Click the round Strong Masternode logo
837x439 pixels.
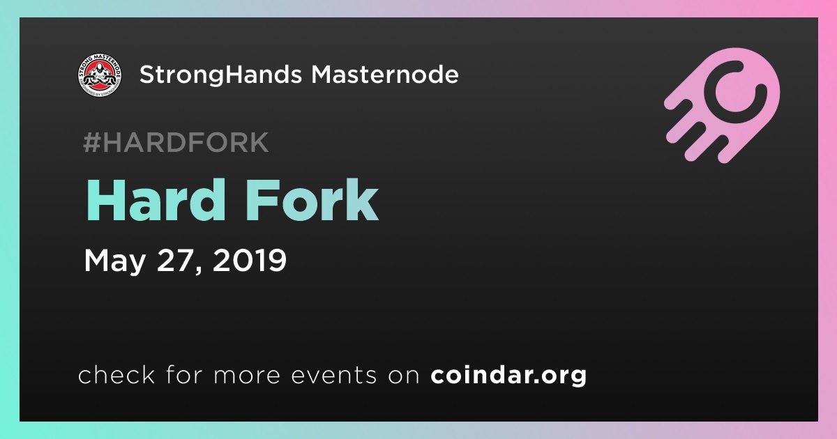pos(100,75)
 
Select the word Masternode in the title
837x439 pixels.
pos(385,75)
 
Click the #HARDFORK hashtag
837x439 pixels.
pos(176,142)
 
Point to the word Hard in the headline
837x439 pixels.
pos(156,200)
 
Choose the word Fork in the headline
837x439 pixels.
pos(312,200)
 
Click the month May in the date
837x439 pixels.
pos(114,261)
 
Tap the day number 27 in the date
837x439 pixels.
pos(176,260)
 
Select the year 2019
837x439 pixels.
pos(250,260)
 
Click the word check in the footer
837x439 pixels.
pos(116,374)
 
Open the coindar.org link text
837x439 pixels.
pos(508,375)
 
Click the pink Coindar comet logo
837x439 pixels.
pos(723,105)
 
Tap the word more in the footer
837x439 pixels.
pos(247,376)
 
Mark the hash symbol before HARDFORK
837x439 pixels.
pos(92,142)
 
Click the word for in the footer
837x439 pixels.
pos(184,374)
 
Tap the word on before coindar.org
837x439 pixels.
pos(404,376)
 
